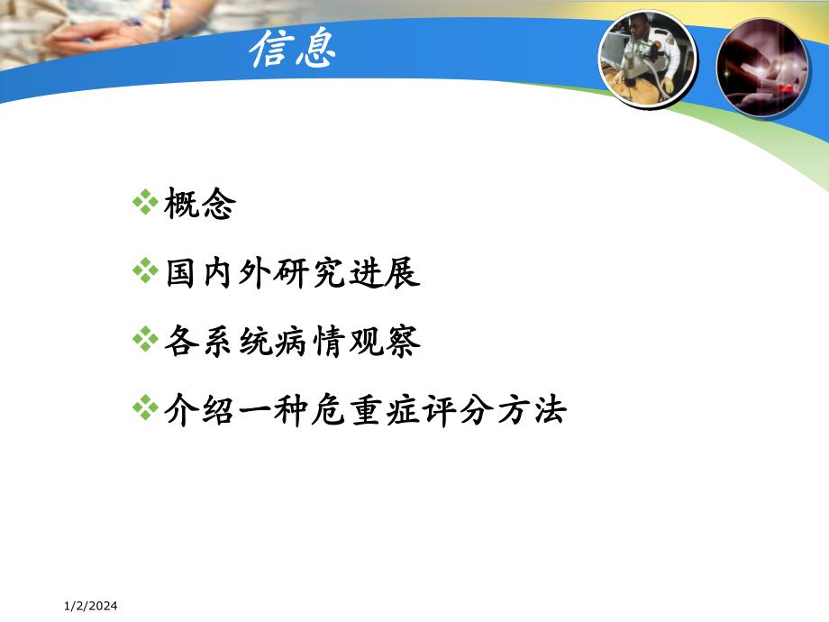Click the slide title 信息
[293, 50]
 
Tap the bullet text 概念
[199, 205]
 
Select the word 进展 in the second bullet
[389, 273]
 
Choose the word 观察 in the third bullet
[389, 343]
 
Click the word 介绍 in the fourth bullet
[199, 411]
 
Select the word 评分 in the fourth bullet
[440, 411]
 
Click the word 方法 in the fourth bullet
[533, 411]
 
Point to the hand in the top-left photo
[117, 32]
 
